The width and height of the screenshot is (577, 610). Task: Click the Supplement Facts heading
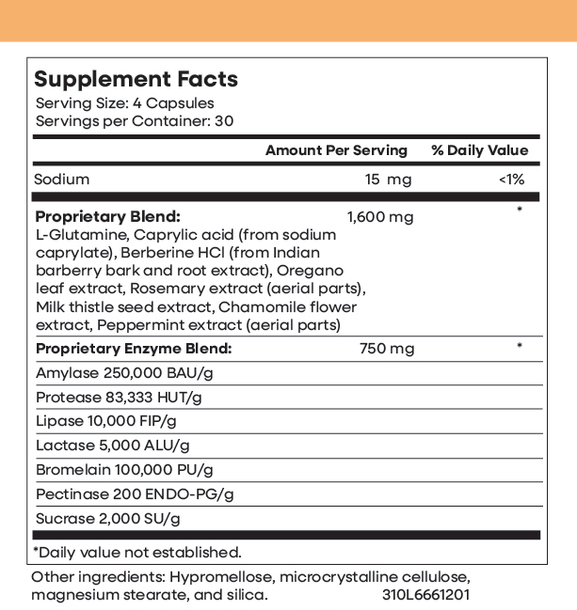[x=136, y=79]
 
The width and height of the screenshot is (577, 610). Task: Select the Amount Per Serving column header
[x=336, y=150]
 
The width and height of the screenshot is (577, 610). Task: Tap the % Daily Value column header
[x=479, y=150]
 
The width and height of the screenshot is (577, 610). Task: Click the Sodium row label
[x=62, y=180]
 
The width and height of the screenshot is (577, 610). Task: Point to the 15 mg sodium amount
[x=388, y=180]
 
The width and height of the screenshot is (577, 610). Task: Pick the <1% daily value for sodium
[x=511, y=180]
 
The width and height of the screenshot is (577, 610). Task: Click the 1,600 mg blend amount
[x=380, y=217]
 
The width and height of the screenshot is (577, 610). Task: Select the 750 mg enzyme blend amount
[x=387, y=349]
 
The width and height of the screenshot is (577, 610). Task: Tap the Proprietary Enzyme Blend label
[x=133, y=349]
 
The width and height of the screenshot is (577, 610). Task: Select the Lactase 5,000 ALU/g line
[x=112, y=446]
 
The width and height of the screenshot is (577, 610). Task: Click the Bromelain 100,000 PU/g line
[x=124, y=470]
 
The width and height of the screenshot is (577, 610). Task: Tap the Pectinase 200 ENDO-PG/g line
[x=134, y=493]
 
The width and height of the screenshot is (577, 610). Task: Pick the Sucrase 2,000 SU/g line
[x=106, y=518]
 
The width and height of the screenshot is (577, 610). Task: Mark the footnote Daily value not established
[x=137, y=552]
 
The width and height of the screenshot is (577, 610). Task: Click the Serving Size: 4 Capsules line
[x=124, y=103]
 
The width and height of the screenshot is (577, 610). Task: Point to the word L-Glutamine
[x=79, y=235]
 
